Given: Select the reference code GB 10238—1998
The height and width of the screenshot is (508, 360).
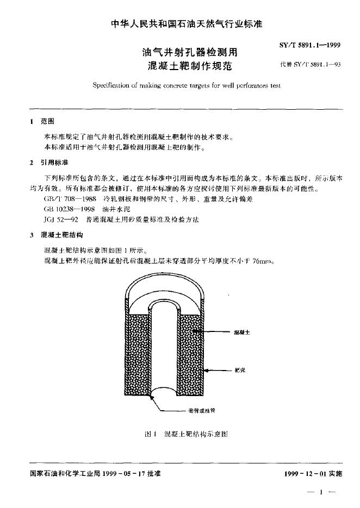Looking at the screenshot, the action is (68, 209).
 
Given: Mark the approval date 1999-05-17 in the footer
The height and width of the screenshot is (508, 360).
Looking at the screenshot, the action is (126, 474).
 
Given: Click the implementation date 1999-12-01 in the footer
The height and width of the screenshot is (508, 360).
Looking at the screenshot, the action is (307, 474).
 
